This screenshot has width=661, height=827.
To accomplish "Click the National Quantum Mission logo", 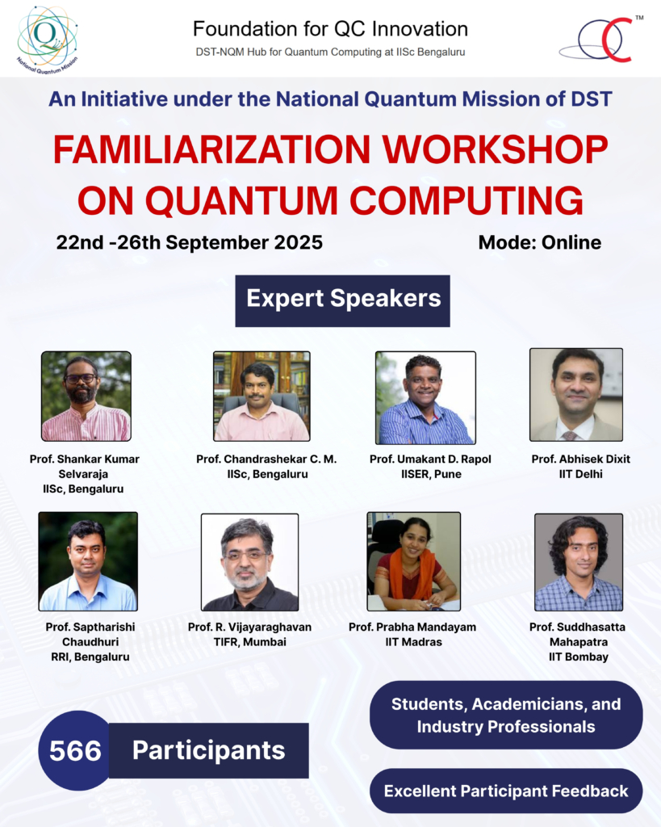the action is (x=47, y=40).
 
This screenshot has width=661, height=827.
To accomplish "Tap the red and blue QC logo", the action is (x=601, y=40).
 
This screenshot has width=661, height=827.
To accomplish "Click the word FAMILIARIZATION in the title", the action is (x=212, y=149).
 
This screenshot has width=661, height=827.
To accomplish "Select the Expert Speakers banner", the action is (x=343, y=300).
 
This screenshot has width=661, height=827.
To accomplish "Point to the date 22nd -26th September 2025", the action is (x=189, y=242).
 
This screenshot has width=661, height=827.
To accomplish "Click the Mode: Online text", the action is (x=540, y=242).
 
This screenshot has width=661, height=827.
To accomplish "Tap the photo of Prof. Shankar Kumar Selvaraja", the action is (x=86, y=396).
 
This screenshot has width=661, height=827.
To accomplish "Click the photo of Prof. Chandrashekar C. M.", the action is (x=261, y=396).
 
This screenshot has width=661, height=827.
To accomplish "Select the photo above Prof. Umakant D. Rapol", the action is (x=425, y=397).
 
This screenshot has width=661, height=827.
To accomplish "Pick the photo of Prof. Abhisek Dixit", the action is (x=576, y=394).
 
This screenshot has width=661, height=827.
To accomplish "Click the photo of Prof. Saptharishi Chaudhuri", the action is (x=88, y=561).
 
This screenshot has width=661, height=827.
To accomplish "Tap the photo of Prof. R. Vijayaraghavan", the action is (x=250, y=562).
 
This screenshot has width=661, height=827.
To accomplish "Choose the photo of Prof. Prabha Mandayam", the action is (x=414, y=561).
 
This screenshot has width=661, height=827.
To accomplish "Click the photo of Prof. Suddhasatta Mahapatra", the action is (x=579, y=562).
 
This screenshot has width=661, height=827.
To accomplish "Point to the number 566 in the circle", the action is (x=75, y=750).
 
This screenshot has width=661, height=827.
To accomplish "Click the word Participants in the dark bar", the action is (x=209, y=750).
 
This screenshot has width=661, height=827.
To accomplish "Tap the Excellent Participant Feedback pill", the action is (x=506, y=791).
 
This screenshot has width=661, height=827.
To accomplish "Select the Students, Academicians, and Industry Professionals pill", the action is (x=506, y=716).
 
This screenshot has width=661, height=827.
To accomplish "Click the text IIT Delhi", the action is (x=581, y=474).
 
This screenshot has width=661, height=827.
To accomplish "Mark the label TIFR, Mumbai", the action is (x=250, y=642).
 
